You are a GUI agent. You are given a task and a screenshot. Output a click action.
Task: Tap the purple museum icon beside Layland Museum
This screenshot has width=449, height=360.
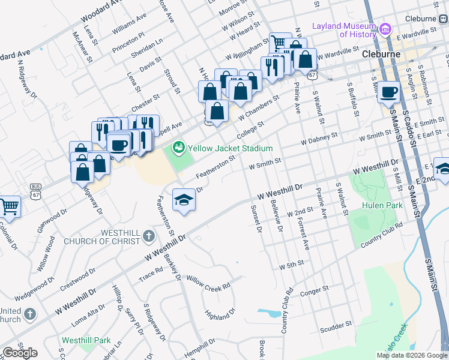coord(385,28)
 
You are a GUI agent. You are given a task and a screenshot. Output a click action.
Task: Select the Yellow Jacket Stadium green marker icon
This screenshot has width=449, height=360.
coord(178,147)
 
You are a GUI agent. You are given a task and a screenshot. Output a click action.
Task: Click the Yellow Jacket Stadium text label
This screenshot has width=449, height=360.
coord(231,148)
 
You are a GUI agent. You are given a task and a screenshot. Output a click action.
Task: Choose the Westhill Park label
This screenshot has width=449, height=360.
coord(85,340)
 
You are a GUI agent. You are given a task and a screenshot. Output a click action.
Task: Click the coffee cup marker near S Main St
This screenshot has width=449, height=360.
coord(389,92)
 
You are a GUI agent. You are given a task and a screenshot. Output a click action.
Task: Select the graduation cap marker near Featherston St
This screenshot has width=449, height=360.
coord(184,199)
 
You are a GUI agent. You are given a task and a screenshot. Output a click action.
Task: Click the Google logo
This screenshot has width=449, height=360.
coord(20,353)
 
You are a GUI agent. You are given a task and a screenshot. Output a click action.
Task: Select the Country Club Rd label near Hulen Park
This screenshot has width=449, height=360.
coord(381,232)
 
